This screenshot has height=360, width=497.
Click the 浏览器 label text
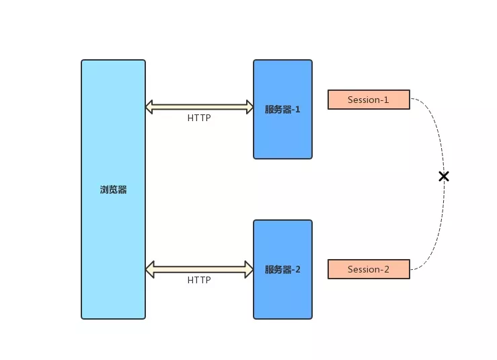pos(113,190)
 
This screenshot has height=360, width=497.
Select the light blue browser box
pos(113,189)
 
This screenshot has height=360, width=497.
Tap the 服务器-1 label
pos(282,110)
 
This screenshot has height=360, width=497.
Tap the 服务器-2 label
pos(282,270)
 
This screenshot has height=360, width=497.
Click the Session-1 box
pos(369,100)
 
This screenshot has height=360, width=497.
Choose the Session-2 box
pos(369,269)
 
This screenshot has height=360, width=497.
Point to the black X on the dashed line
pos(444,176)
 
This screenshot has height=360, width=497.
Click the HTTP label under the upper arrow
pos(199,118)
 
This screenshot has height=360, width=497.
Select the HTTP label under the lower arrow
pos(199,280)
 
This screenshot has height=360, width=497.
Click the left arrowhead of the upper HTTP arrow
pos(149,107)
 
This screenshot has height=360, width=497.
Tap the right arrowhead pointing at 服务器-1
pos(250,107)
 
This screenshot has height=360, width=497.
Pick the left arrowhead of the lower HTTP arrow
pos(150,270)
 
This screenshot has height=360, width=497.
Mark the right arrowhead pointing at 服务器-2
pos(249,270)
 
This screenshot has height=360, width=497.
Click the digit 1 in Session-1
pos(386,100)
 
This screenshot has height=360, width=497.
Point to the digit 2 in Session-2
pos(387,269)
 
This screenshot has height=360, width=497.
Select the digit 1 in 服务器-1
pos(298,110)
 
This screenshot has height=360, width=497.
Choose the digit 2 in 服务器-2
pos(298,270)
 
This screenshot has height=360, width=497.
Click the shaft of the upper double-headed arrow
pos(199,107)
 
